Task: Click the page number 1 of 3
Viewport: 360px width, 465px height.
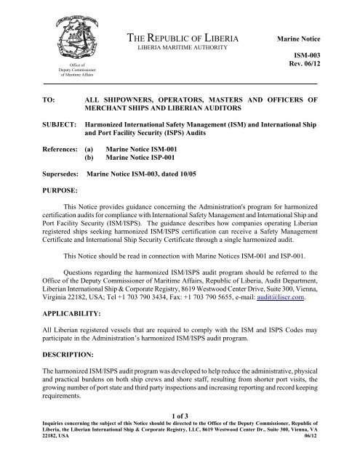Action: click(x=180, y=433)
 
